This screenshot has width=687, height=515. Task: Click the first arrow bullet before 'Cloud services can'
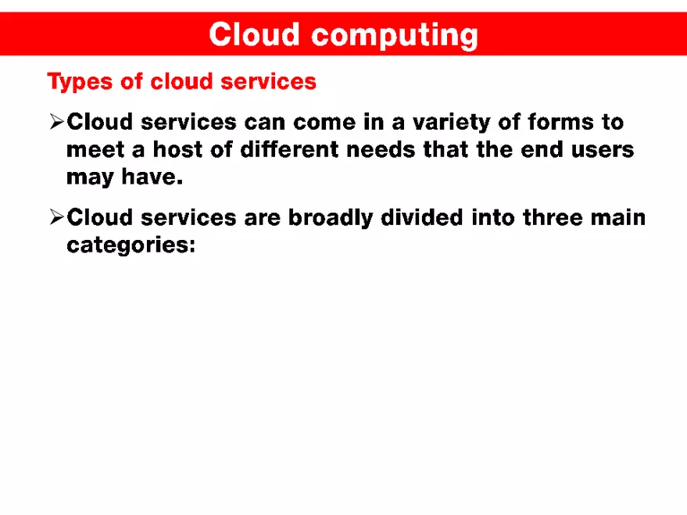pos(56,122)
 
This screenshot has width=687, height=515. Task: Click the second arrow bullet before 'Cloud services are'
pos(56,217)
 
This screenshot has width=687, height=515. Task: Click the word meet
pos(92,149)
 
